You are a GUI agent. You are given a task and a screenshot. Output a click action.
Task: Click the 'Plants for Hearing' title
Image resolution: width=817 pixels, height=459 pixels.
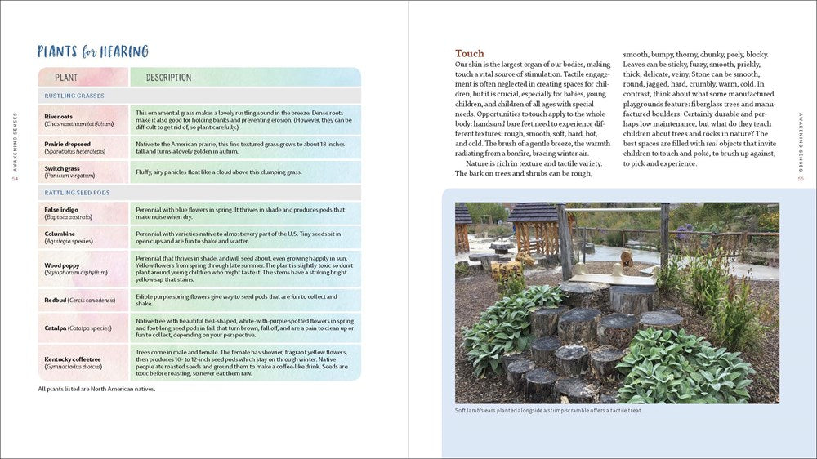point(93,52)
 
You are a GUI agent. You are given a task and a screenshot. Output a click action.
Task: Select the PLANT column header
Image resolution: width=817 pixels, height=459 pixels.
point(66,78)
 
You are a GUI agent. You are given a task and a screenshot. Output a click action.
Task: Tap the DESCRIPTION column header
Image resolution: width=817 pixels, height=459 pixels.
point(168,78)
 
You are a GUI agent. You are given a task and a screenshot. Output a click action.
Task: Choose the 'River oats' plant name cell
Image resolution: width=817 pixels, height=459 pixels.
point(83,120)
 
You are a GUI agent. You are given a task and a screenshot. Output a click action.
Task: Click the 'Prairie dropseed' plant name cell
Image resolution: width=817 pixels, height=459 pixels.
point(83,148)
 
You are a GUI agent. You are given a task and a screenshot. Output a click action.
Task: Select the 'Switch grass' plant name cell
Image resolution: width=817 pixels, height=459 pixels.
point(83,171)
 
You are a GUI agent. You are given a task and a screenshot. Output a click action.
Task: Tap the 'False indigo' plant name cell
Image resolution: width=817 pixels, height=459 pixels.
point(83,213)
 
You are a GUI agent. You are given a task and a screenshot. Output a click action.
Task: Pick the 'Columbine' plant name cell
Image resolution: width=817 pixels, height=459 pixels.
point(83,237)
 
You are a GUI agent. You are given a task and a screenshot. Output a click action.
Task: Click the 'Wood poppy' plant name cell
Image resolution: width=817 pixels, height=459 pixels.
point(83,269)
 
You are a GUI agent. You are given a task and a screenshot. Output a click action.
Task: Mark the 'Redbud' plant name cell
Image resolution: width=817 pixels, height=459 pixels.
point(83,300)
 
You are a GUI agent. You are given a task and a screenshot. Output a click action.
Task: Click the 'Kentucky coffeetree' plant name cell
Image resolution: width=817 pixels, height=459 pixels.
point(83,363)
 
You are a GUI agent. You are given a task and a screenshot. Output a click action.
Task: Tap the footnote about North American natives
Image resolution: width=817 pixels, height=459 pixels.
point(96,389)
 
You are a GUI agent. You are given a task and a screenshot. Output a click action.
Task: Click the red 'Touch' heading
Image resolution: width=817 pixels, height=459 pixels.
point(470,53)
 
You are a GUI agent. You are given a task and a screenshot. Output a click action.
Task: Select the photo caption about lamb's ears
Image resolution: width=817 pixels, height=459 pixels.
point(548,410)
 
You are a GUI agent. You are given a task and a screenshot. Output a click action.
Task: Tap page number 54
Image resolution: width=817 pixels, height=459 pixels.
point(15,180)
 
